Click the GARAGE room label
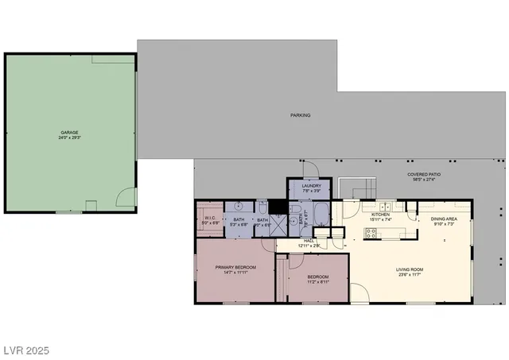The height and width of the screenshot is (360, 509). pos(70,132)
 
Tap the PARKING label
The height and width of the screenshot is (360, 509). pos(300,115)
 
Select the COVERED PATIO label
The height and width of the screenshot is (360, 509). pos(424,174)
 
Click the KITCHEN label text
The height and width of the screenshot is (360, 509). pos(380,215)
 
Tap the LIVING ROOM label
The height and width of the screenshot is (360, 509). pos(410,270)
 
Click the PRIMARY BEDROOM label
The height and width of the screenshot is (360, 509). pos(235,267)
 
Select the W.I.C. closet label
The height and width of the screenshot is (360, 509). pos(211,218)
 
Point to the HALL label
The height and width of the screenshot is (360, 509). pos(309,241)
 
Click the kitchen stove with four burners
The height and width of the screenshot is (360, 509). pos(370,232)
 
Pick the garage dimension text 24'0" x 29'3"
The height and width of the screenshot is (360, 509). pos(70,137)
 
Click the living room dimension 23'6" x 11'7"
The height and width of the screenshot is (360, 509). pos(410,276)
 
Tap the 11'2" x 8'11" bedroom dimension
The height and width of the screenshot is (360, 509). pos(318,281)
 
